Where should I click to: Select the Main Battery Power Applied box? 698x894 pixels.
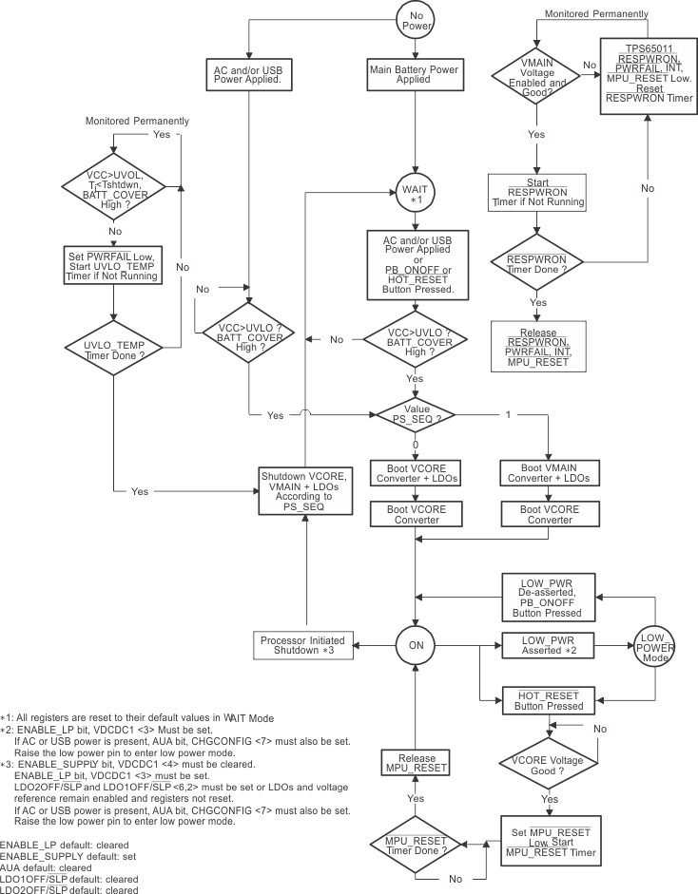(x=415, y=74)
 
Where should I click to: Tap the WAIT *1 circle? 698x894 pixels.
(x=415, y=195)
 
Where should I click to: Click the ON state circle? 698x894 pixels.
(x=415, y=645)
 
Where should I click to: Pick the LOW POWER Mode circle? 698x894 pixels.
(x=653, y=645)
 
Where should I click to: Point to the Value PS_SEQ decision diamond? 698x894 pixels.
(x=415, y=414)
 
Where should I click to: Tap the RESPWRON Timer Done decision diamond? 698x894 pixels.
(x=537, y=262)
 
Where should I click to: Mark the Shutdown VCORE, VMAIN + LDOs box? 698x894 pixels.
(x=306, y=490)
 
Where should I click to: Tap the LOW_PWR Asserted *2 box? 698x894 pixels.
(x=548, y=645)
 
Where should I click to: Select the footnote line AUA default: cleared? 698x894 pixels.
(x=47, y=868)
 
